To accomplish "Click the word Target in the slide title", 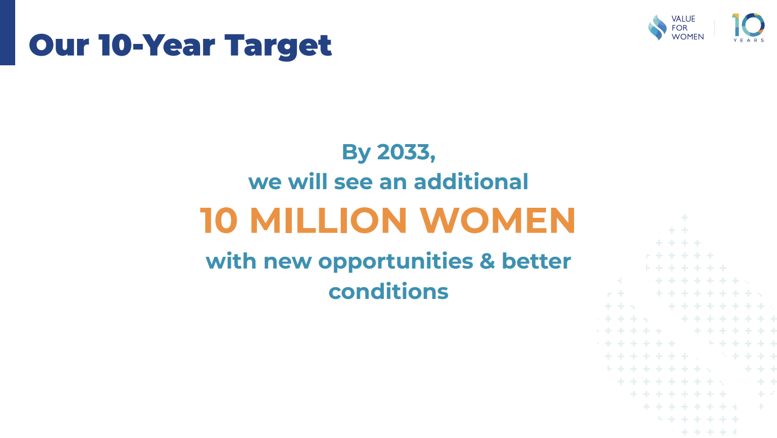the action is coord(278,46).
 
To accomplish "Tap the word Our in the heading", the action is coord(59,45).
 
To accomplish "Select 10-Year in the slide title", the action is coord(156,45).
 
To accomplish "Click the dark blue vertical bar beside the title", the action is coord(7,32).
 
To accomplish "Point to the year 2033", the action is coord(406,152).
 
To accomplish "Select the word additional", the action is coord(471,181).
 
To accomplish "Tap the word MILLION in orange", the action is coord(328,220).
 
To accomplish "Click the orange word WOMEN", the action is coord(498,220).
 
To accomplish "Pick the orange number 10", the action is coord(219,220).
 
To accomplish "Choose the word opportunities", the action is coord(395,262).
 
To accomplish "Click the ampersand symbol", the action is coord(487,261).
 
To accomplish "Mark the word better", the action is coord(536,261).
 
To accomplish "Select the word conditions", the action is coord(388,290).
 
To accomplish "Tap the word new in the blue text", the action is coord(287,262).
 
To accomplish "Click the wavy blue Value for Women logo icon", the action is coord(657,28).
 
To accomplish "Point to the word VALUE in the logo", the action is coord(683,19).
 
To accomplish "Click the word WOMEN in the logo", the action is coord(688,37).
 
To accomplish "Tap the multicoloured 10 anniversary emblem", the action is coord(748,25).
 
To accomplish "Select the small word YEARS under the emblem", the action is coord(748,41).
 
